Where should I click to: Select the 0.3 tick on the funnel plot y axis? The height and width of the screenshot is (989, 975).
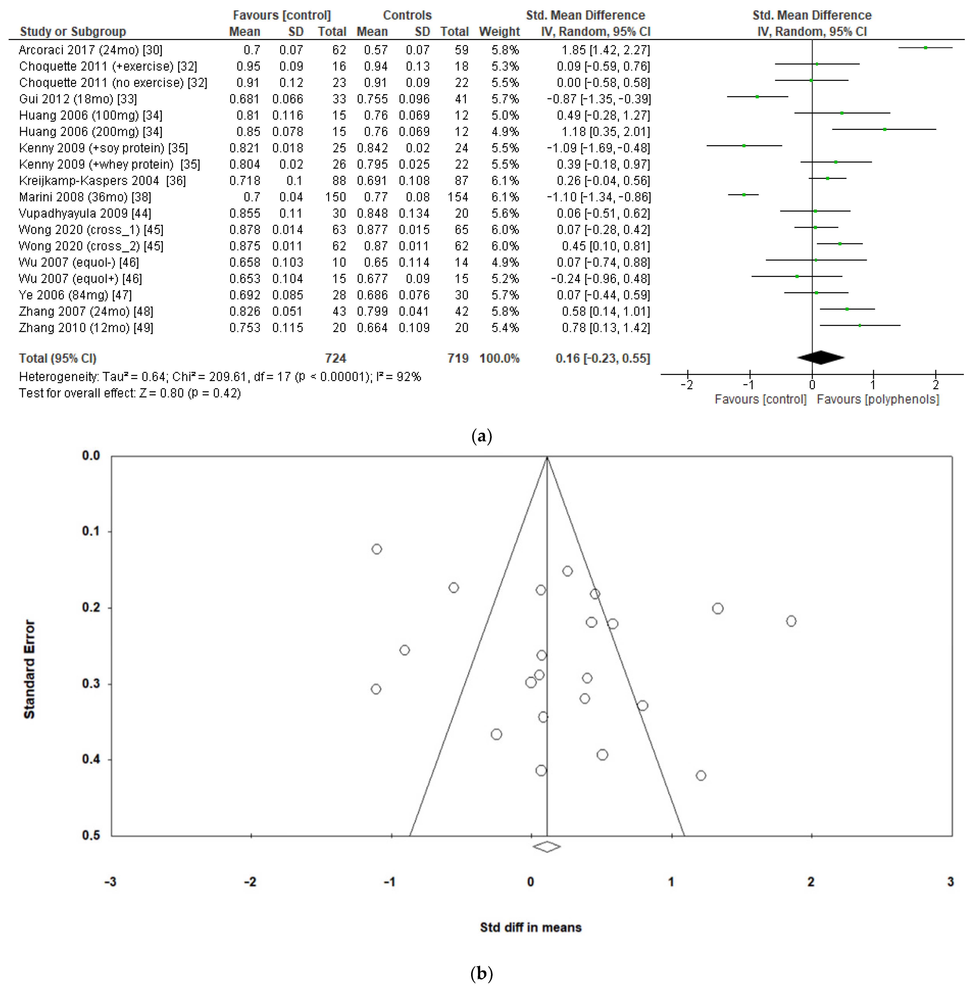coord(91,684)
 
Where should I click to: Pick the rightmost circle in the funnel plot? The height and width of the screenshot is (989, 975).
coord(791,621)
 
